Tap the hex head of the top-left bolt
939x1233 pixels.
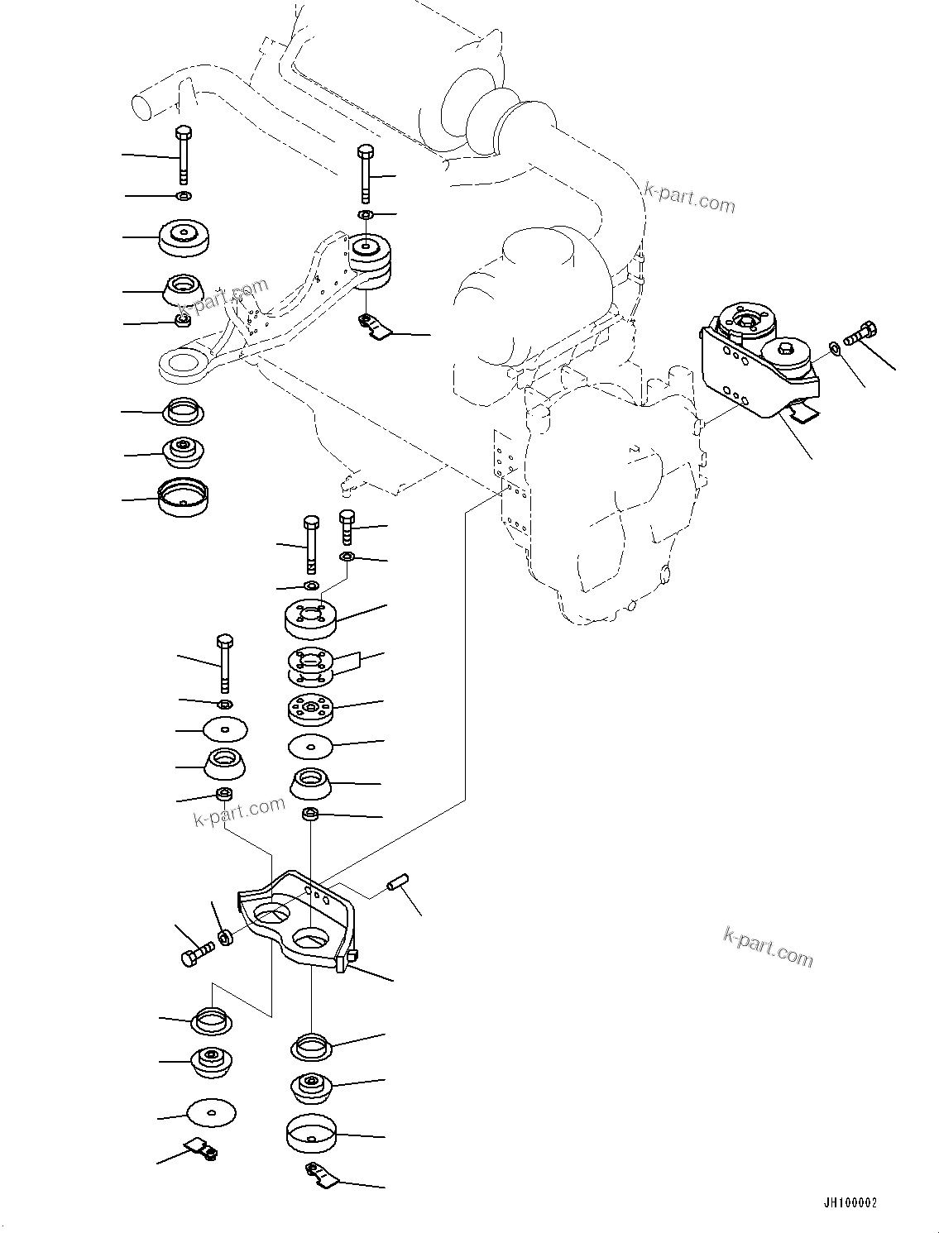click(x=183, y=133)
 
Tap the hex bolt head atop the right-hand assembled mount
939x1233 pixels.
click(x=786, y=349)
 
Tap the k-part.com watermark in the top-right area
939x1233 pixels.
click(x=690, y=198)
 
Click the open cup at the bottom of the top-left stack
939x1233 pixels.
click(x=183, y=497)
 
